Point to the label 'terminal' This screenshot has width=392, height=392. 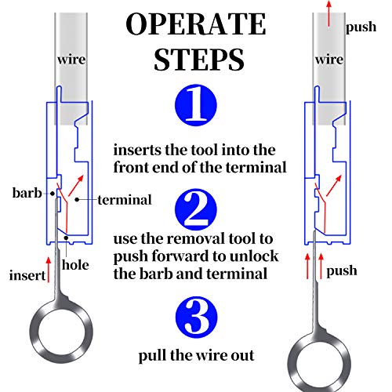pyautogui.click(x=125, y=200)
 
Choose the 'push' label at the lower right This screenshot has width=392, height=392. pyautogui.click(x=343, y=270)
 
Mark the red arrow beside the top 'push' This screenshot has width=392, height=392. pyautogui.click(x=330, y=16)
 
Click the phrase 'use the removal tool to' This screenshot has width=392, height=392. pyautogui.click(x=204, y=238)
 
